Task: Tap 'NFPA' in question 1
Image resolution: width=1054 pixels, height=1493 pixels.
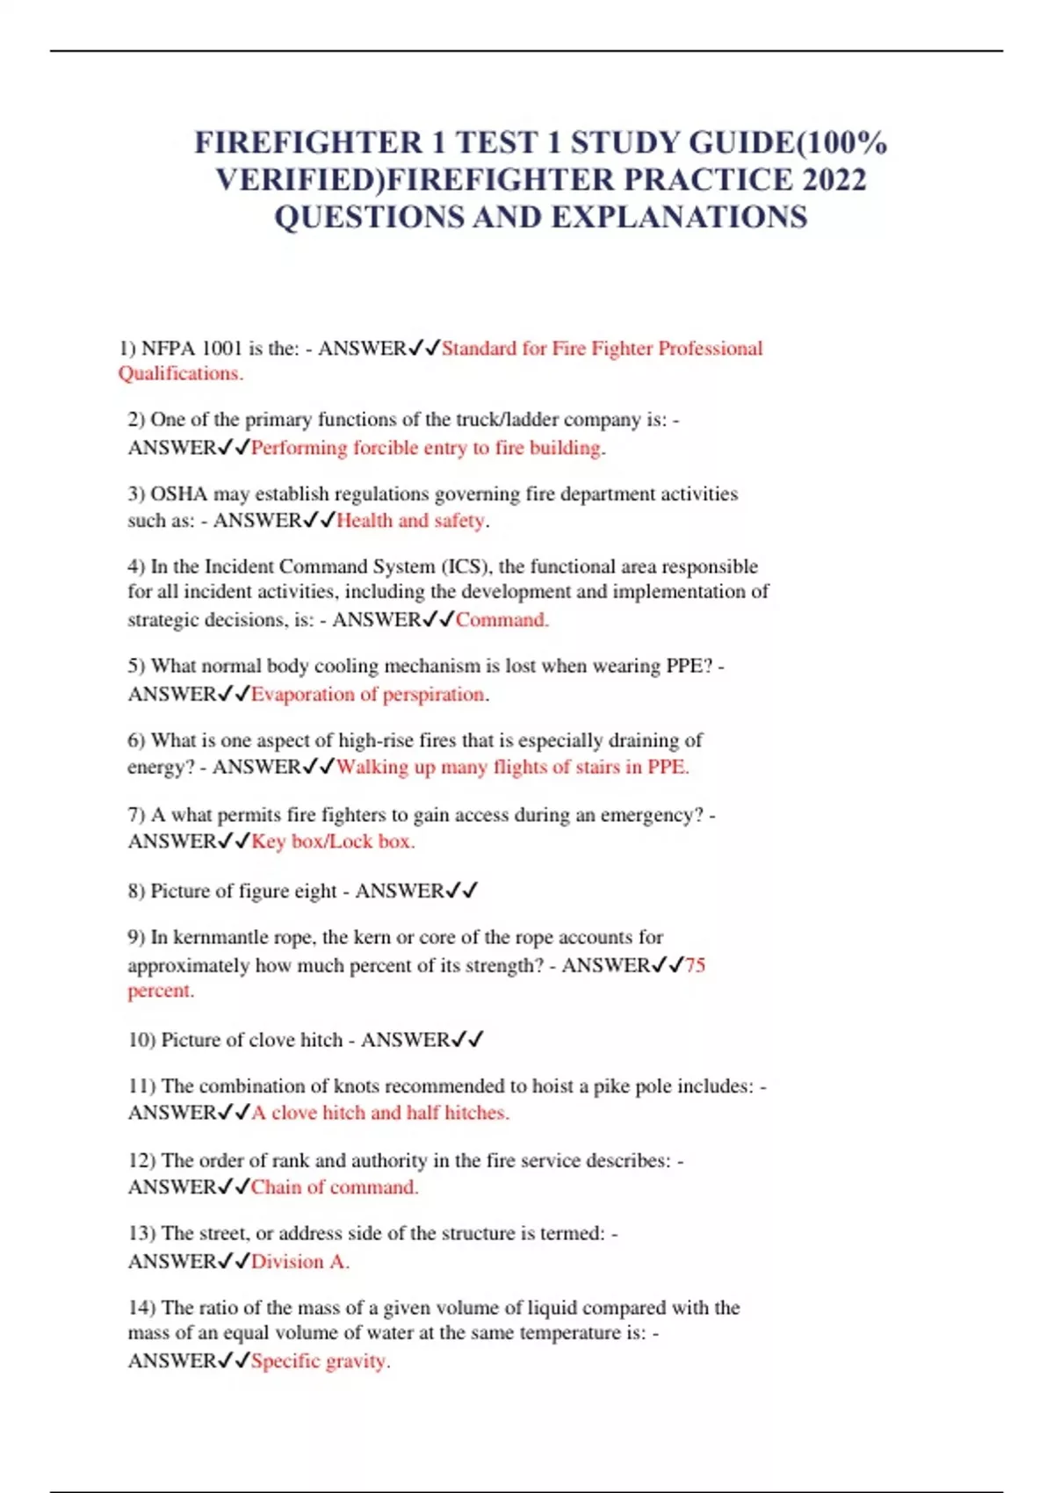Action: pyautogui.click(x=168, y=349)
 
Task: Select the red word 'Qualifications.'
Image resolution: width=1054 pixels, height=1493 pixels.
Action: pyautogui.click(x=181, y=374)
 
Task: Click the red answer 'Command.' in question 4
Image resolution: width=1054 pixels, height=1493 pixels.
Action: pyautogui.click(x=502, y=620)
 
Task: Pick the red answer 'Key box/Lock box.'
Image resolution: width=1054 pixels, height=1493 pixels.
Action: pyautogui.click(x=333, y=841)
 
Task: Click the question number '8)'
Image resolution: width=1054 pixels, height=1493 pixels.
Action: pyautogui.click(x=136, y=891)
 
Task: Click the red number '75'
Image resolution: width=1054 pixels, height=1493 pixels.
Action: pyautogui.click(x=695, y=966)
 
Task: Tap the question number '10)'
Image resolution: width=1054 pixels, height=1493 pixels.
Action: pyautogui.click(x=141, y=1041)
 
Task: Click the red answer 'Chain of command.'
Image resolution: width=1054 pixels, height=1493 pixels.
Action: pyautogui.click(x=335, y=1187)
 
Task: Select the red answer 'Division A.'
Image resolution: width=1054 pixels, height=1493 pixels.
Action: pyautogui.click(x=300, y=1262)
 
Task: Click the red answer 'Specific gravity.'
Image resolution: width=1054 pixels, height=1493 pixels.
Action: pyautogui.click(x=321, y=1361)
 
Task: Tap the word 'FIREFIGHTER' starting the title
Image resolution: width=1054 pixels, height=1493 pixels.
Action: pyautogui.click(x=308, y=143)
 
